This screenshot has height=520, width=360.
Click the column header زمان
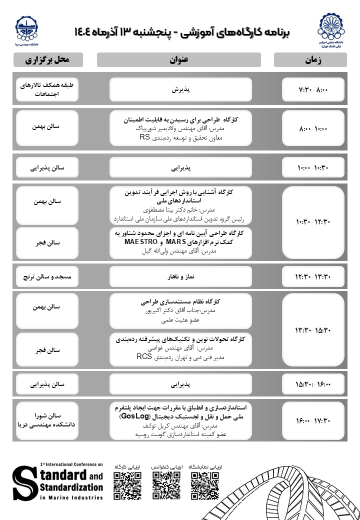click(309, 60)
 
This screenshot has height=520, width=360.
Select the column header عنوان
click(178, 60)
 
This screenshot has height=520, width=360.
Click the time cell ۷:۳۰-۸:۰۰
click(313, 89)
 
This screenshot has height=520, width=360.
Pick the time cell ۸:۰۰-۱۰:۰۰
click(313, 128)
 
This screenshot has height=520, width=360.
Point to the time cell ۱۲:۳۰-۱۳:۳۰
click(313, 275)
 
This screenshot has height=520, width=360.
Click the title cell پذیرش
click(181, 89)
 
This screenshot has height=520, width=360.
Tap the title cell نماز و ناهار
click(181, 275)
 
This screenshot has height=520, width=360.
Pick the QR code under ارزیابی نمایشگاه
click(205, 484)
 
